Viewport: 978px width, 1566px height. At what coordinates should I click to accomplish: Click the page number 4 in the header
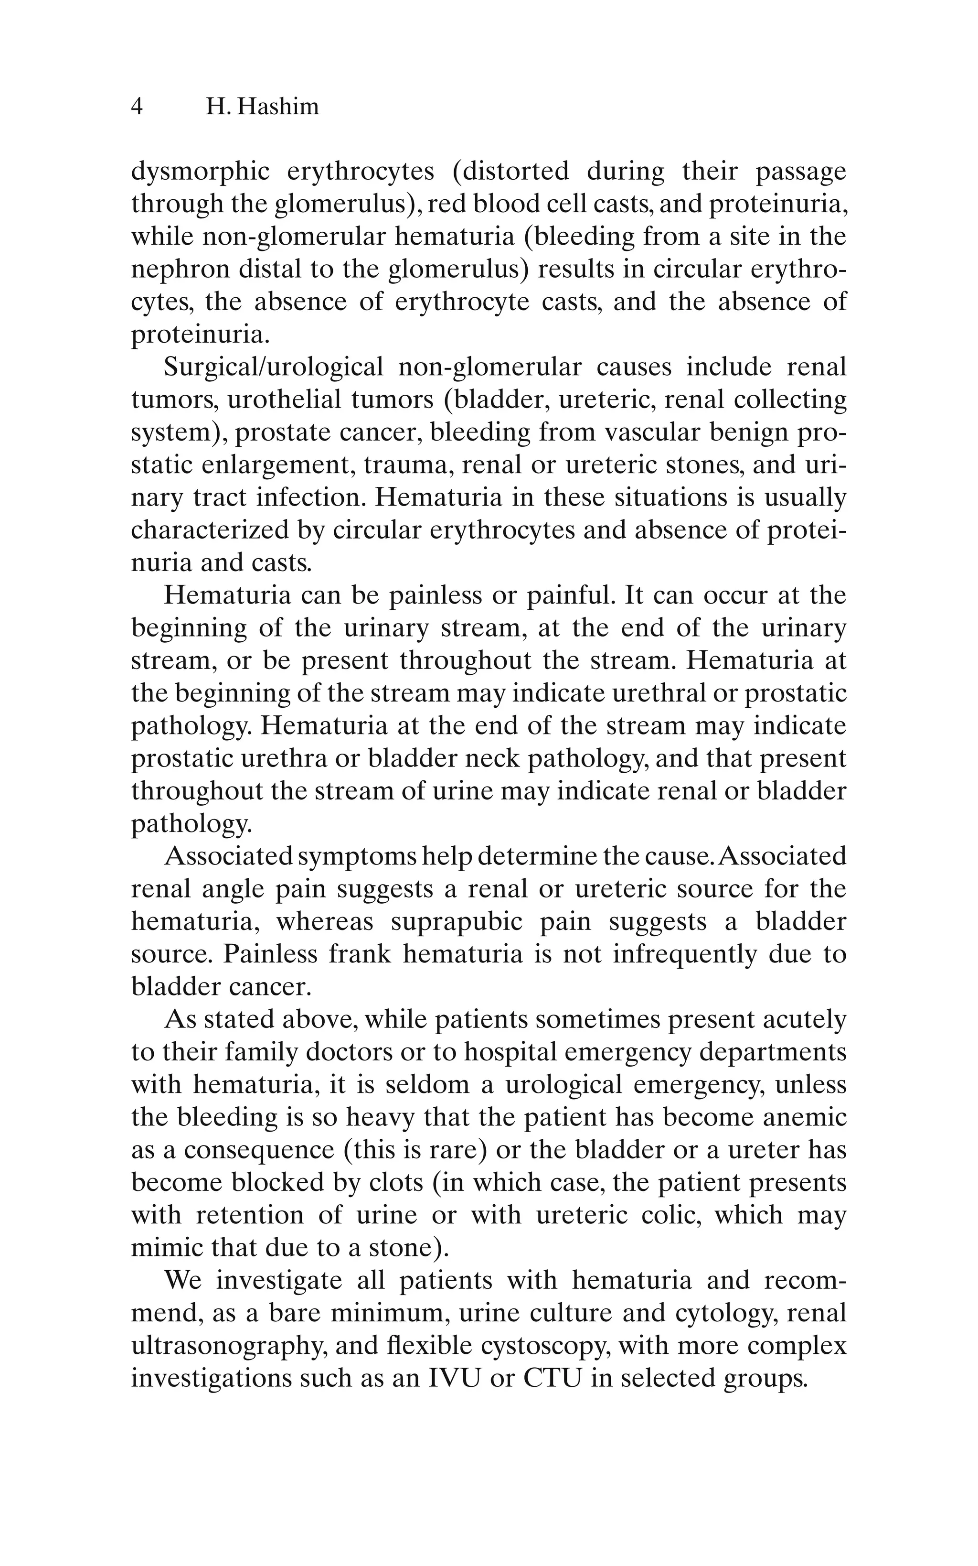[x=137, y=107]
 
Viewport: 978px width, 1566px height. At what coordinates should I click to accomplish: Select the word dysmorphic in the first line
[x=201, y=172]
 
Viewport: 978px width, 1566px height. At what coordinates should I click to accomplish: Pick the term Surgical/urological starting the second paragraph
[x=274, y=367]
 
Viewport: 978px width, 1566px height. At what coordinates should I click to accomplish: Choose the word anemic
[x=805, y=1118]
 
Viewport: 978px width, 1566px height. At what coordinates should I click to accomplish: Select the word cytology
[x=725, y=1313]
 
